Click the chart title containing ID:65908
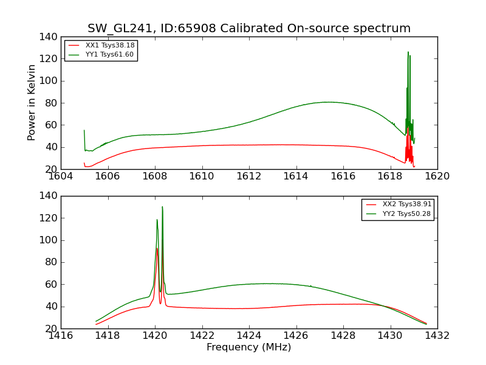pos(249,29)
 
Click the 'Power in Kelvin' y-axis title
pos(32,103)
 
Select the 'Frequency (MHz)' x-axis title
pos(248,347)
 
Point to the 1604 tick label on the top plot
pos(61,176)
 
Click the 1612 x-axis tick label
pos(249,176)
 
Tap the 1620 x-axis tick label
pos(437,176)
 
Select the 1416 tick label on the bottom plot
pos(61,336)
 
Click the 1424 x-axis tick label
pos(249,336)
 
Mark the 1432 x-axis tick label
pos(437,336)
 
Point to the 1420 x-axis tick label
pos(155,336)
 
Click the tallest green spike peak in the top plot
pos(408,52)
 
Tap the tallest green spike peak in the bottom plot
pos(162,207)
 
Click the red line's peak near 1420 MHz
pos(157,248)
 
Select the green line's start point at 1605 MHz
pos(84,130)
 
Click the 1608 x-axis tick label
pos(155,176)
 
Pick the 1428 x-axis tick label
pos(343,336)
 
